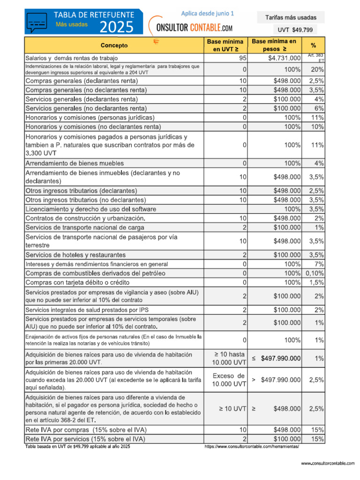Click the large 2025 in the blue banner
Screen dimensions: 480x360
tap(116, 27)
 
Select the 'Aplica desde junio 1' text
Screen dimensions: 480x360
tap(208, 14)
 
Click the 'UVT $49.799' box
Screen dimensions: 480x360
tap(291, 30)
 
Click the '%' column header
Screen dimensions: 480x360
tap(313, 45)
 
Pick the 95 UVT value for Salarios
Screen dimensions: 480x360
tap(242, 58)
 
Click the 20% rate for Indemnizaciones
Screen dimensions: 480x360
tap(317, 69)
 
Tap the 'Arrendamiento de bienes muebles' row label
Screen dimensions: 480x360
tap(75, 163)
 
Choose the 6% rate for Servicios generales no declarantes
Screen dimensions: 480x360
tap(319, 108)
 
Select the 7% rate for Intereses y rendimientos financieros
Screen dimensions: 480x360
tap(319, 264)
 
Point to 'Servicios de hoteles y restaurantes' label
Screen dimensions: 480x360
tap(75, 255)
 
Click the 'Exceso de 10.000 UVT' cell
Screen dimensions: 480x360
tap(229, 380)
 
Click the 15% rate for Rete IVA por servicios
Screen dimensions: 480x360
tap(317, 439)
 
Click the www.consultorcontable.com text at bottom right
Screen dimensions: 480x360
tap(327, 463)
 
